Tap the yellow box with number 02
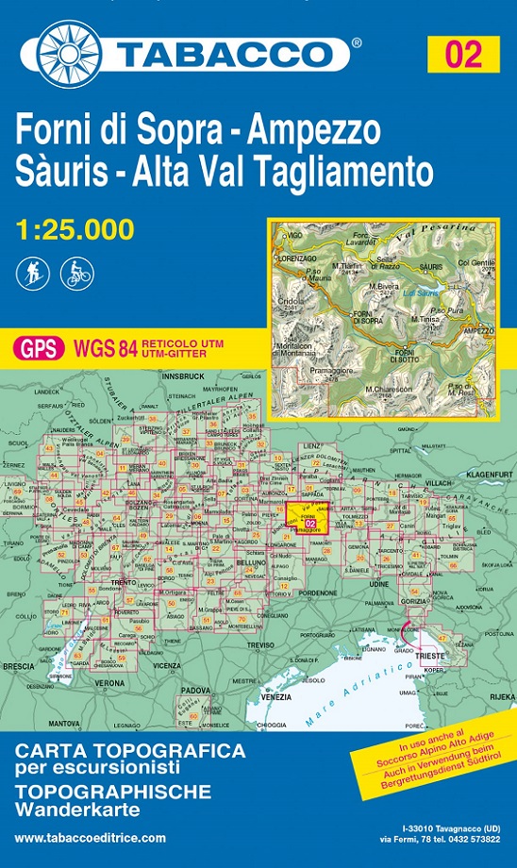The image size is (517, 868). click(x=465, y=53)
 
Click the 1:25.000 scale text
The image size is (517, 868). click(x=75, y=229)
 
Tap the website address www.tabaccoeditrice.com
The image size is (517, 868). click(x=91, y=838)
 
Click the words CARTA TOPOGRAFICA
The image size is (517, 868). click(x=129, y=751)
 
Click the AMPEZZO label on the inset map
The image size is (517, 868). click(x=478, y=330)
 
